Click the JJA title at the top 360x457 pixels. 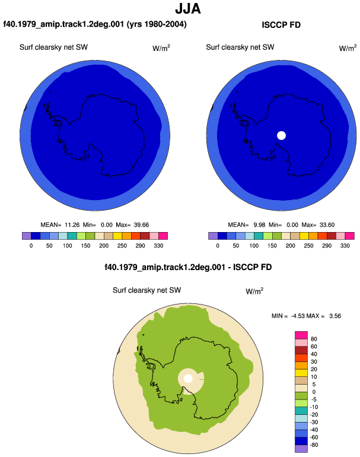[x=188, y=8]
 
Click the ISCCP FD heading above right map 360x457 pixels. [x=281, y=25]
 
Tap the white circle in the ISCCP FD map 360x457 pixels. [x=281, y=135]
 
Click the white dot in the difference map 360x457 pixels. [x=188, y=379]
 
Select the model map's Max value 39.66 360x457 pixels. [x=141, y=225]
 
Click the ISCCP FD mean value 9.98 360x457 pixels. [x=259, y=225]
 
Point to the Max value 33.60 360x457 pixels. [x=327, y=225]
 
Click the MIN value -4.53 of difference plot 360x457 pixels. [x=298, y=316]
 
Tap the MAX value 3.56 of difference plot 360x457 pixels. [x=335, y=316]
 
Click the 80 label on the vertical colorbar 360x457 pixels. [x=314, y=339]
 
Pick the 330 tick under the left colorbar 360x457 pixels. [x=158, y=246]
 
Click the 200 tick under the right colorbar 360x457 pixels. [x=290, y=246]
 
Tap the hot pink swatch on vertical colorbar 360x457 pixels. [x=301, y=335]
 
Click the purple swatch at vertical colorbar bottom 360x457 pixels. [x=301, y=449]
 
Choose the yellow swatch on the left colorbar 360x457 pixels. [x=117, y=236]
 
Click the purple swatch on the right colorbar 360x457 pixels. [x=213, y=236]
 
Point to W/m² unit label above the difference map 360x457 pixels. [x=254, y=291]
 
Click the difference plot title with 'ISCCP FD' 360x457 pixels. [x=188, y=267]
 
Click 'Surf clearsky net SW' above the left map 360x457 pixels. [x=53, y=47]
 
